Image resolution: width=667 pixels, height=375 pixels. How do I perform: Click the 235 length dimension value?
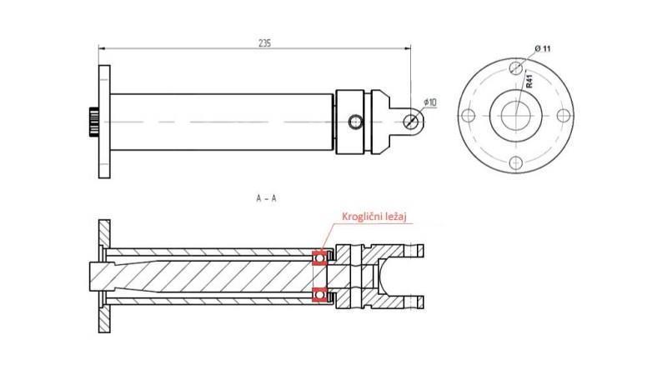tap(265, 42)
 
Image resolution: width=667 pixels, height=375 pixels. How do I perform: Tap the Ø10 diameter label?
tap(430, 102)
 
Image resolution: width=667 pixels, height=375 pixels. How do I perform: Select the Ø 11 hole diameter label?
tap(541, 48)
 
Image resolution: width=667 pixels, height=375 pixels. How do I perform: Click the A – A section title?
tap(268, 199)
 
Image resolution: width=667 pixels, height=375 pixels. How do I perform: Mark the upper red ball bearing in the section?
tap(318, 258)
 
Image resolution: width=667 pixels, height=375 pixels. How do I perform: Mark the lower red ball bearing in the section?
tap(318, 295)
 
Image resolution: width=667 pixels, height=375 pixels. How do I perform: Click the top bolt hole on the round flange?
tap(517, 67)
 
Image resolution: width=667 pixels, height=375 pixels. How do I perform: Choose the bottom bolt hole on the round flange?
tap(517, 162)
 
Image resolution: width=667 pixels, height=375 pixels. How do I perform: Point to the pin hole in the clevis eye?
tap(411, 122)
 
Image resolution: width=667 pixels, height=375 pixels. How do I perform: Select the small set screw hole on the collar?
tap(357, 122)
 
